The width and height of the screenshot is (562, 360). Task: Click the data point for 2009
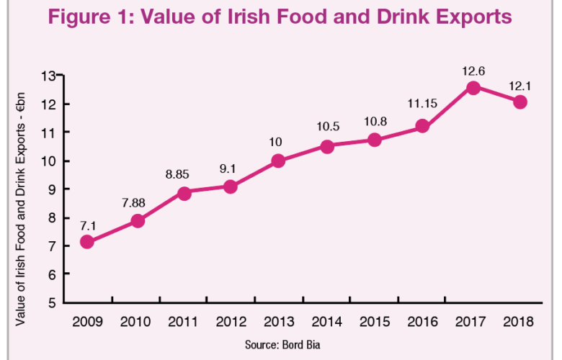tap(86, 242)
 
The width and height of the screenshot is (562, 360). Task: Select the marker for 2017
tap(473, 88)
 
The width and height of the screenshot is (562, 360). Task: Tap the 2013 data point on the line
tap(279, 161)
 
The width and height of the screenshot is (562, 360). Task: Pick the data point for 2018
tap(520, 102)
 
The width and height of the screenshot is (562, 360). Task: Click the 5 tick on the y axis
tap(53, 302)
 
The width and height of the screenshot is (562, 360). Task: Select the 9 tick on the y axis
tap(53, 189)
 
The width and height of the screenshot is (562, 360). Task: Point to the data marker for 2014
tap(327, 146)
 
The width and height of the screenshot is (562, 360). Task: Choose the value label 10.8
tap(375, 122)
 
